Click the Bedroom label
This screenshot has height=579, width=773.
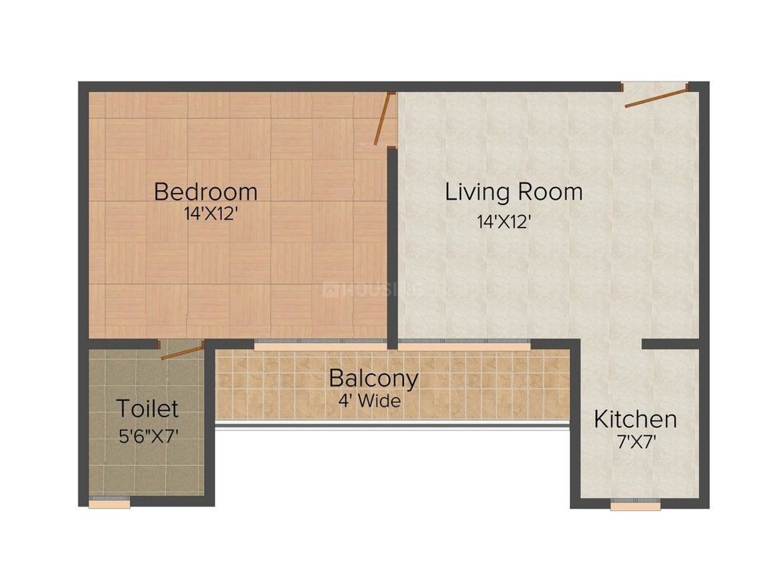[x=205, y=191]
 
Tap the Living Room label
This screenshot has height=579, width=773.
[x=513, y=191]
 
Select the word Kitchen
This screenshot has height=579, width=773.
[x=635, y=419]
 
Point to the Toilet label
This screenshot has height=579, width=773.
[x=147, y=409]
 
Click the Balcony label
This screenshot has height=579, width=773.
[x=373, y=378]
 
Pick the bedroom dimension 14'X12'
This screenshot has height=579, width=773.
[x=211, y=214]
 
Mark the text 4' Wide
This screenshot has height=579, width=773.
[x=369, y=402]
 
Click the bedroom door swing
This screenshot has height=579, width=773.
[x=385, y=118]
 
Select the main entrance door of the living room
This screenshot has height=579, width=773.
[x=655, y=96]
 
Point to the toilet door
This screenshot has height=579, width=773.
[x=183, y=350]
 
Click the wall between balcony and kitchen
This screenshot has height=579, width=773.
[x=575, y=422]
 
